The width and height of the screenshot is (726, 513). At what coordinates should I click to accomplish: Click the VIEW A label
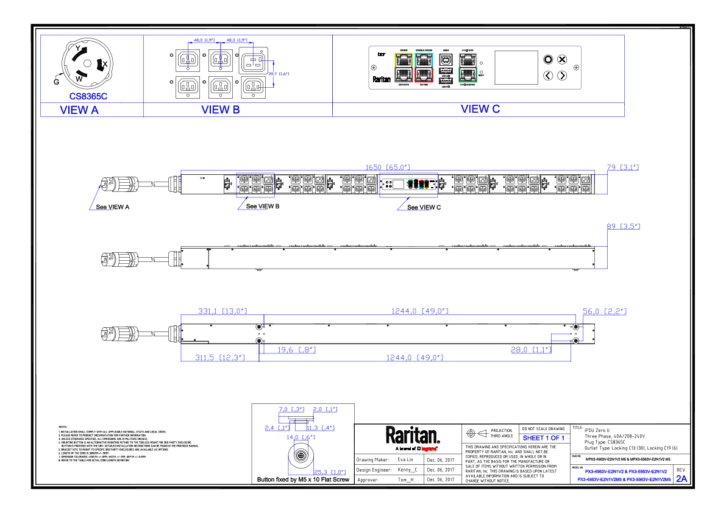pyautogui.click(x=79, y=110)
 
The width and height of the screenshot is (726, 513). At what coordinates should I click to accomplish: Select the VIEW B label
pyautogui.click(x=221, y=110)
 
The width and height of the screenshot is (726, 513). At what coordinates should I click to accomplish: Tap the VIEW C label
pyautogui.click(x=480, y=110)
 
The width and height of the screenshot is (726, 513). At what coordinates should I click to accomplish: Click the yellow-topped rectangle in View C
pyautogui.click(x=404, y=67)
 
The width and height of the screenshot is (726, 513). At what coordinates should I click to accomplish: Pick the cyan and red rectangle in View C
pyautogui.click(x=424, y=67)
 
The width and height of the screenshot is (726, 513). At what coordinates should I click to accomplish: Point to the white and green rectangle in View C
pyautogui.click(x=468, y=67)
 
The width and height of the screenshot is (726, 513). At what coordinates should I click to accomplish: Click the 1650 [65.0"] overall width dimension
pyautogui.click(x=387, y=168)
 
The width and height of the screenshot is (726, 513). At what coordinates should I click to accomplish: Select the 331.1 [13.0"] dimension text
pyautogui.click(x=222, y=311)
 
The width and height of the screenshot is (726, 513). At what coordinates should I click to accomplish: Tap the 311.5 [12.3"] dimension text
pyautogui.click(x=220, y=358)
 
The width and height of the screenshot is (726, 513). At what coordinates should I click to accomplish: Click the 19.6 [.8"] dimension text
pyautogui.click(x=296, y=350)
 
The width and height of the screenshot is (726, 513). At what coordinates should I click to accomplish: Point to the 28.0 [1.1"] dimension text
pyautogui.click(x=531, y=350)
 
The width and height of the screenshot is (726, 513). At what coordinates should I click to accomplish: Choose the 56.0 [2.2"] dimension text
pyautogui.click(x=604, y=311)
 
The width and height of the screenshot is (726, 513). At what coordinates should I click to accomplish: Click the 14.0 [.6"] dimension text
pyautogui.click(x=301, y=437)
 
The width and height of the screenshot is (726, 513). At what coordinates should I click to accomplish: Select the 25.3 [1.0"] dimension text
pyautogui.click(x=330, y=472)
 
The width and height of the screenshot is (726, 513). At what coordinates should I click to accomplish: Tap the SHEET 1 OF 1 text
pyautogui.click(x=544, y=439)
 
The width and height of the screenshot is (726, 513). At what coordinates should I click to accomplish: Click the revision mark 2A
pyautogui.click(x=682, y=479)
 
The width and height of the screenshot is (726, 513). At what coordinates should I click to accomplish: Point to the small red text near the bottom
pyautogui.click(x=429, y=449)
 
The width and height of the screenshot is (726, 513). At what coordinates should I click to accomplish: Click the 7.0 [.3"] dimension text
pyautogui.click(x=291, y=409)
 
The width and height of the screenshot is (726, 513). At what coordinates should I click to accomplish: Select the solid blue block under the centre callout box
pyautogui.click(x=413, y=217)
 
